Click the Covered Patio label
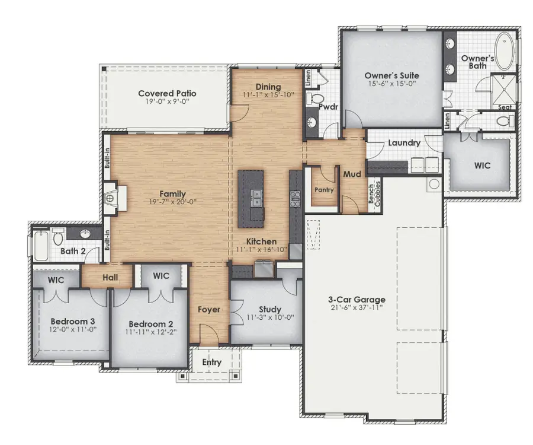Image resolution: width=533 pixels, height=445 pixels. pyautogui.click(x=167, y=93)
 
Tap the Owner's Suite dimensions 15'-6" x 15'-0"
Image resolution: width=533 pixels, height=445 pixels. pyautogui.click(x=391, y=84)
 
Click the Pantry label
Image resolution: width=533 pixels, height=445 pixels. pyautogui.click(x=324, y=190)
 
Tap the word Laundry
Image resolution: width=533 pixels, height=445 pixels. pyautogui.click(x=404, y=143)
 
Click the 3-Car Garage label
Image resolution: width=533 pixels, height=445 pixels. pyautogui.click(x=357, y=300)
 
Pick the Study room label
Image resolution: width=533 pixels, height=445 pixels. pyautogui.click(x=269, y=309)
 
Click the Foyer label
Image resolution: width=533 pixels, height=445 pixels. pyautogui.click(x=209, y=309)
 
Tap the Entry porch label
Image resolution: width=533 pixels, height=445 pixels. pyautogui.click(x=211, y=362)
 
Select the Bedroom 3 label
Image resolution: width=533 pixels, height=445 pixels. pyautogui.click(x=73, y=321)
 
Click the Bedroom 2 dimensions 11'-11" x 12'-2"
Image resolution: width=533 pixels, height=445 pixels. pyautogui.click(x=152, y=333)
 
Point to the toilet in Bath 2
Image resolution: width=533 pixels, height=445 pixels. pyautogui.click(x=58, y=239)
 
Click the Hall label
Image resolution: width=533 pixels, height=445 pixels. pyautogui.click(x=110, y=277)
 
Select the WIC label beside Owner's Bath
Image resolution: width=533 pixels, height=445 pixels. pyautogui.click(x=482, y=166)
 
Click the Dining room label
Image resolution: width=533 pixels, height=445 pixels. pyautogui.click(x=268, y=87)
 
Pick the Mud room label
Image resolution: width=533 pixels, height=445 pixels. pyautogui.click(x=352, y=174)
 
